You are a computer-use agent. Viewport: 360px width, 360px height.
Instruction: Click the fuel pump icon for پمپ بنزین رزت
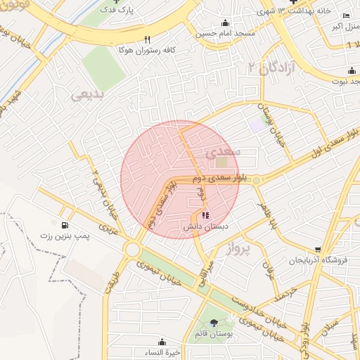(65, 226)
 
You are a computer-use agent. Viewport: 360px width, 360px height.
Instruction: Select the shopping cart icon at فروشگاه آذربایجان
(318, 250)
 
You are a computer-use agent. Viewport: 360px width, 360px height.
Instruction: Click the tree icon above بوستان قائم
(214, 323)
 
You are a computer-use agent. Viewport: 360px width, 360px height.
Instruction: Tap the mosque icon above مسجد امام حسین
(225, 22)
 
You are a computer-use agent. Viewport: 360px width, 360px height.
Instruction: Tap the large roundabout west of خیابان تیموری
(131, 250)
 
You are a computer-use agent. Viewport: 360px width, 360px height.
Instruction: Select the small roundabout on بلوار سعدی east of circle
(257, 181)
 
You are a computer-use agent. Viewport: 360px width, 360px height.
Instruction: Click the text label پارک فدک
(116, 11)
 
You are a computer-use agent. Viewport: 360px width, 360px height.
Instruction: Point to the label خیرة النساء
(168, 352)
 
